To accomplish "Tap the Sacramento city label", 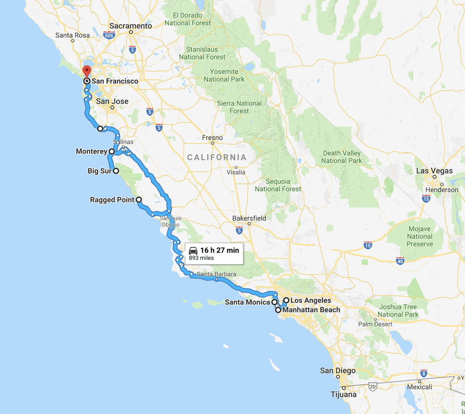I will pyautogui.click(x=131, y=26).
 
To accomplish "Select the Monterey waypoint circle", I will pyautogui.click(x=112, y=151).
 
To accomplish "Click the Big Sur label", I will pyautogui.click(x=99, y=171).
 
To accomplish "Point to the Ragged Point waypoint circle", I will pyautogui.click(x=139, y=200).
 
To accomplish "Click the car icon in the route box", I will pyautogui.click(x=193, y=251).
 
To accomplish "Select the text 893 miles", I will pyautogui.click(x=201, y=258).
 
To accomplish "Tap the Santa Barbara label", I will pyautogui.click(x=216, y=274).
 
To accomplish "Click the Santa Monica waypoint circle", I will pyautogui.click(x=275, y=302).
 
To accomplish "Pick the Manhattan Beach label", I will pyautogui.click(x=311, y=310).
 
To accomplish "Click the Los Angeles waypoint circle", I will pyautogui.click(x=286, y=300).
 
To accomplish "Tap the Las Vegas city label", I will pyautogui.click(x=434, y=171).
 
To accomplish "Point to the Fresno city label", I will pyautogui.click(x=213, y=138).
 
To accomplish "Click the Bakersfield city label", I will pyautogui.click(x=249, y=218).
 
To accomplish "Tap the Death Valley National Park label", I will pyautogui.click(x=342, y=157).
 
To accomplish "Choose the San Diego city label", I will pyautogui.click(x=338, y=371).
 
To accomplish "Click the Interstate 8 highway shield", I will pyautogui.click(x=423, y=373).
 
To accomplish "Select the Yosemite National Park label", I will pyautogui.click(x=224, y=75).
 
